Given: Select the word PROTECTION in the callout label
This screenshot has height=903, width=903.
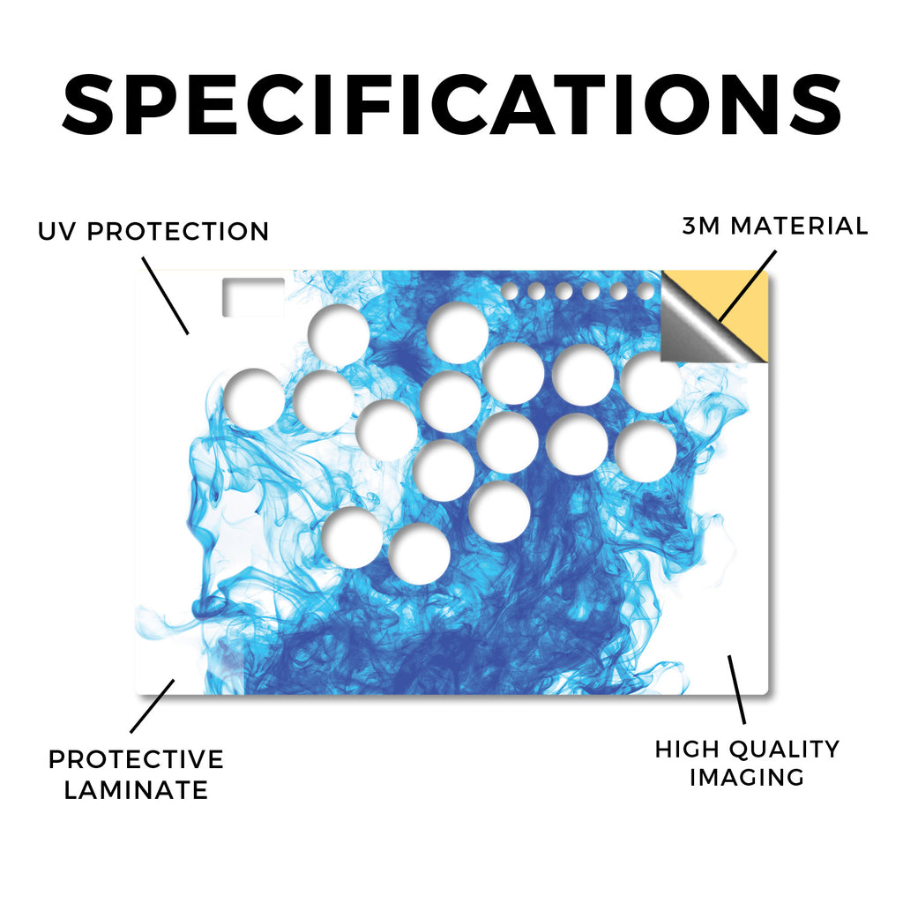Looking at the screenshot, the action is (x=178, y=232).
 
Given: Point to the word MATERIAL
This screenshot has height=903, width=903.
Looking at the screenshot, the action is (x=799, y=226).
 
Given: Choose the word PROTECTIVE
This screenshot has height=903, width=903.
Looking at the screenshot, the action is (x=136, y=759).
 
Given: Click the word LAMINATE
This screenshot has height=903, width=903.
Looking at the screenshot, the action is (x=136, y=790).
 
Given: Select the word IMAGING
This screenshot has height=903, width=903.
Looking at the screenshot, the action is (x=747, y=778).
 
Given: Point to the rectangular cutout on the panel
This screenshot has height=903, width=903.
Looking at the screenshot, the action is (x=253, y=296).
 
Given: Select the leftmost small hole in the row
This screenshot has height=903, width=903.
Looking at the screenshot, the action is (x=509, y=291).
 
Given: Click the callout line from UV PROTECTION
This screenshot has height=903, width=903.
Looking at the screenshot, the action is (x=165, y=295).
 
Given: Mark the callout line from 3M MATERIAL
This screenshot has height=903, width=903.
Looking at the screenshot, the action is (x=748, y=287).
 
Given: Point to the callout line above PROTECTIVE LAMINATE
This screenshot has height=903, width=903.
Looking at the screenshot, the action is (x=152, y=706).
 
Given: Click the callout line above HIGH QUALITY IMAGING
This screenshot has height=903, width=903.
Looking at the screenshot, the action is (x=736, y=690).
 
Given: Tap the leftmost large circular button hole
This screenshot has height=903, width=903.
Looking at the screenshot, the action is (x=254, y=399).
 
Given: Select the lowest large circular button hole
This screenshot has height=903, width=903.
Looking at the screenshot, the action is (x=419, y=554).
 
